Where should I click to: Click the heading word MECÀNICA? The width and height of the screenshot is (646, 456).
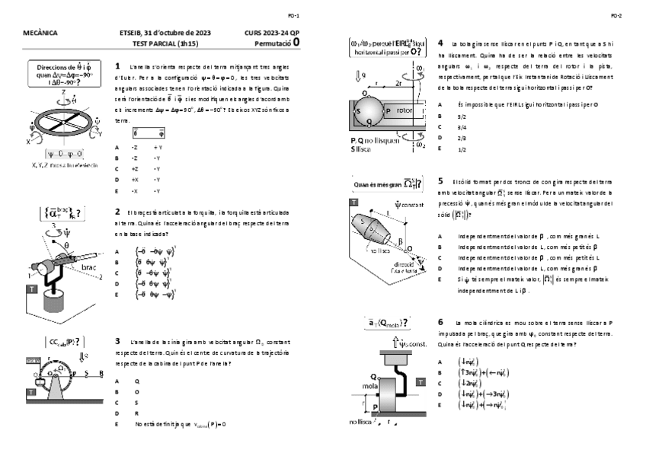[x=41, y=34]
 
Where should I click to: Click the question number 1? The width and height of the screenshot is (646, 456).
[x=117, y=66]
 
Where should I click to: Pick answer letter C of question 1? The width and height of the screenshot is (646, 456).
[x=117, y=168]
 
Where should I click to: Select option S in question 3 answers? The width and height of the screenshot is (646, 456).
[x=137, y=402]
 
